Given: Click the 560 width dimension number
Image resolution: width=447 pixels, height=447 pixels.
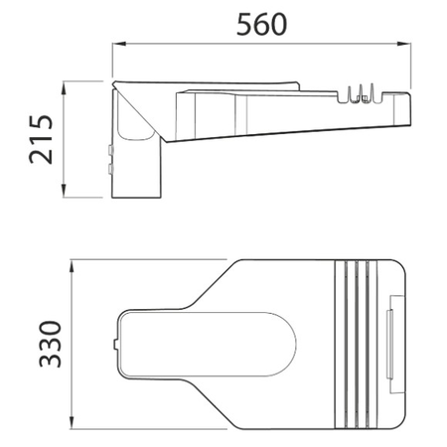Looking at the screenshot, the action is [x=261, y=24].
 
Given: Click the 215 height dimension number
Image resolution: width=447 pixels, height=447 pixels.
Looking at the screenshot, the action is [x=41, y=139].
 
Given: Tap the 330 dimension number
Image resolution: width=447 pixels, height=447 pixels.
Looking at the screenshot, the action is [x=51, y=344].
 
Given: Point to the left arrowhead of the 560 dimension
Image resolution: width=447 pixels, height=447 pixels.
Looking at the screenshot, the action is [x=119, y=44].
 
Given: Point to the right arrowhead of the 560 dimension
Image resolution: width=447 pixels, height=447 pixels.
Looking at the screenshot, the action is [x=404, y=44].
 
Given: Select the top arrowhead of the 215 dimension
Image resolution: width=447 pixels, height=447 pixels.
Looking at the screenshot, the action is [x=64, y=88].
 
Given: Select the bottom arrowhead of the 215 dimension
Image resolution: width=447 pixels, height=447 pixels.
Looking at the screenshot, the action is [x=64, y=191].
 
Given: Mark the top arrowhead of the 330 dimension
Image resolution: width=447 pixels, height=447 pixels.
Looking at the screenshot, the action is [x=72, y=267].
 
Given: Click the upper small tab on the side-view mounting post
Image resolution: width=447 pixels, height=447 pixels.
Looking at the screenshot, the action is [x=111, y=150].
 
